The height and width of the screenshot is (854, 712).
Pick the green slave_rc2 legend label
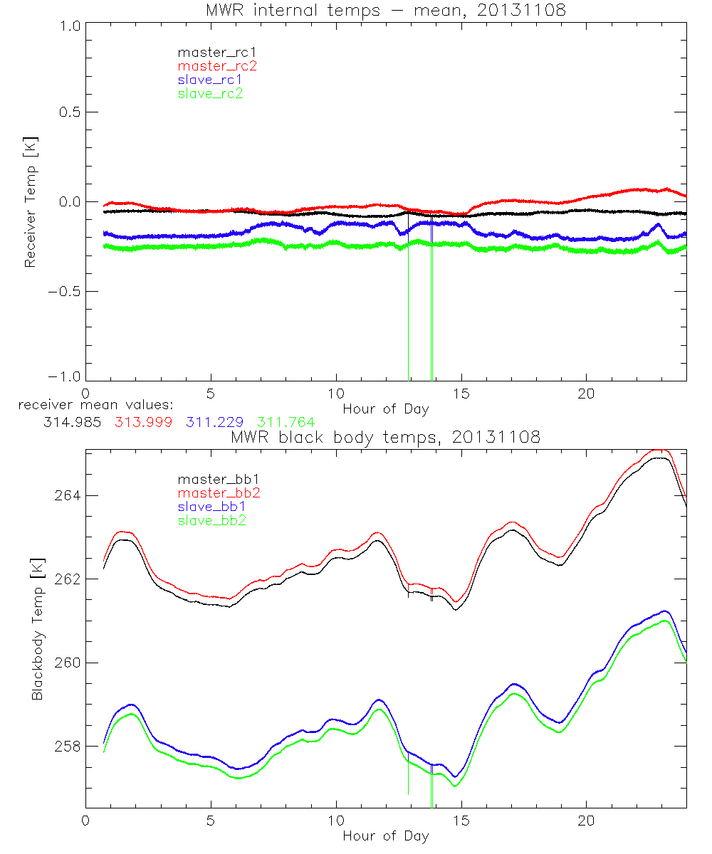coord(210,93)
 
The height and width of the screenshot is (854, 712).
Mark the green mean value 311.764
coord(286,422)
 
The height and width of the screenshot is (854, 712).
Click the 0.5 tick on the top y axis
coord(68,112)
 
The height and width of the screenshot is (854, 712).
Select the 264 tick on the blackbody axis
coord(68,495)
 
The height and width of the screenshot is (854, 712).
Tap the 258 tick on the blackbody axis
coord(68,747)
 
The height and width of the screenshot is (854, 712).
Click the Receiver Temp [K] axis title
coord(30,201)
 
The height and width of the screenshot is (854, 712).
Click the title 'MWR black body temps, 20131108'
coord(385,437)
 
